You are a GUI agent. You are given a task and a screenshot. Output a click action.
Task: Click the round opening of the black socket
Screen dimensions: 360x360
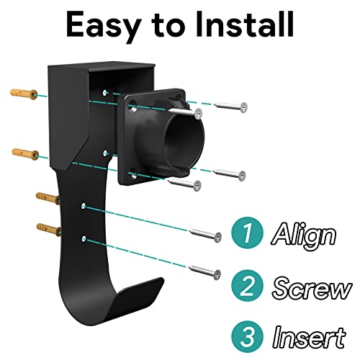pyautogui.click(x=183, y=147)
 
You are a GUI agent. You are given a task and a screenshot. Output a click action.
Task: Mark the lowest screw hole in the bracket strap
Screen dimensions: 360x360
pyautogui.click(x=85, y=237)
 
